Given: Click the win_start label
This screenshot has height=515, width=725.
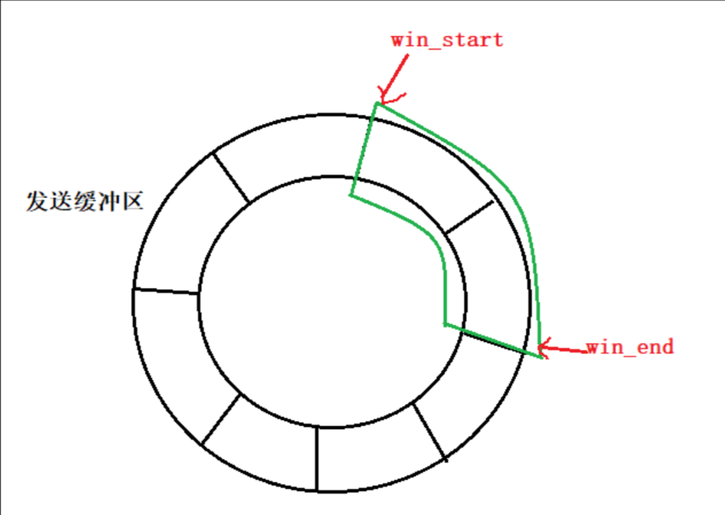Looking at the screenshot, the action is [446, 39].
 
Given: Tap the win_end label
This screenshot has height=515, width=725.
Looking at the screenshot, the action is [630, 346].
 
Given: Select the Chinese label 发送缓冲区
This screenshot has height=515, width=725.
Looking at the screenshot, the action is [85, 202].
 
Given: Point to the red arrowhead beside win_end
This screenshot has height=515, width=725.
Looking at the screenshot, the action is [544, 347].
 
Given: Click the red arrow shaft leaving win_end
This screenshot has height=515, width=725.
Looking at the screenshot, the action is [567, 349].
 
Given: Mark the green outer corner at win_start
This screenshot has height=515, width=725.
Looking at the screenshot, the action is [377, 104].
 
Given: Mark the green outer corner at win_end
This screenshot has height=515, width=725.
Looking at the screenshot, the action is [540, 357].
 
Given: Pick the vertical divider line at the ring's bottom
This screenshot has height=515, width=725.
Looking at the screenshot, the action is [318, 459].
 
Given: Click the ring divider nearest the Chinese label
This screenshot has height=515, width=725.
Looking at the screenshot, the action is [229, 178].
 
